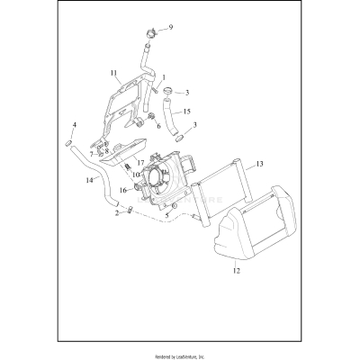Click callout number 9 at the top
coord(170,28)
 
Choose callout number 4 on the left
coord(74,124)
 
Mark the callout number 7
coord(91,155)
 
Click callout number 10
coord(136,174)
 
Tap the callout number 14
coord(90,181)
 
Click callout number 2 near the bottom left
coord(117,212)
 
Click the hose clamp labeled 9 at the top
coord(152,37)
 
